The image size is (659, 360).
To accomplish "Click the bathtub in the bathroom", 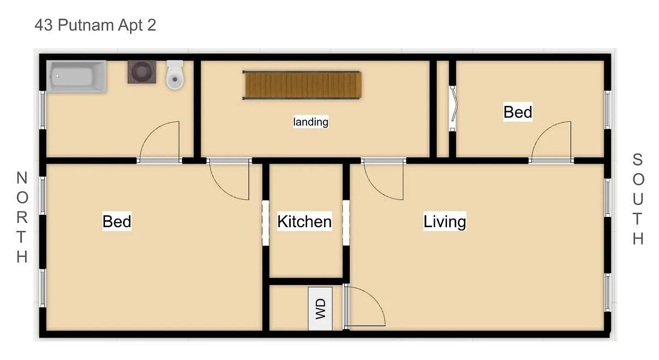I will [77, 76].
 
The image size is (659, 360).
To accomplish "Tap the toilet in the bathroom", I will [175, 75].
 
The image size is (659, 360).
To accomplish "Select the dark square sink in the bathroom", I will [142, 72].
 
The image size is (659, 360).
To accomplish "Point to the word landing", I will [311, 121].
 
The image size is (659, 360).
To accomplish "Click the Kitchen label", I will [304, 221].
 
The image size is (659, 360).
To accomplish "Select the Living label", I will [445, 221].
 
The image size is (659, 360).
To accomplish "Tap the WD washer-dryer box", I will [320, 309].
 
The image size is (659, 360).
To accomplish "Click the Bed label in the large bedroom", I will [117, 221].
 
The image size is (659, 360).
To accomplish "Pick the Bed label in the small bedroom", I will [518, 112].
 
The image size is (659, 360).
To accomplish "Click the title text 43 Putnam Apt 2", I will [95, 25].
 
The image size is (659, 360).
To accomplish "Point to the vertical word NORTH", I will [22, 217].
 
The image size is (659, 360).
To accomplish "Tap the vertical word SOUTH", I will [638, 199].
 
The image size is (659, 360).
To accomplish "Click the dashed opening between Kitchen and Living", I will [346, 223].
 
